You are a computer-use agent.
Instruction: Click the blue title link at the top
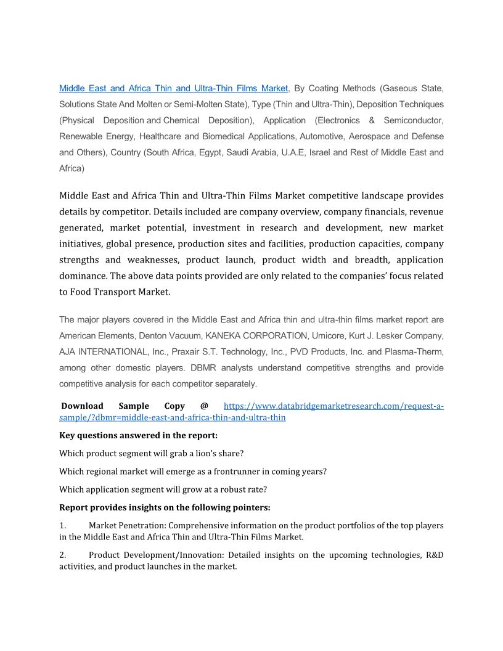click(x=173, y=88)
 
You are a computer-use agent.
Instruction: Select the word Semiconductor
click(x=414, y=120)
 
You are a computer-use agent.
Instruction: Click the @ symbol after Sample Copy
click(x=204, y=406)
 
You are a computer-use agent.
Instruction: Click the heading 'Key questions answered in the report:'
click(x=134, y=435)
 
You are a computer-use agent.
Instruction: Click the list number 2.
click(x=62, y=555)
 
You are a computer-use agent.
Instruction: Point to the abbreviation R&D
click(x=435, y=555)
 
